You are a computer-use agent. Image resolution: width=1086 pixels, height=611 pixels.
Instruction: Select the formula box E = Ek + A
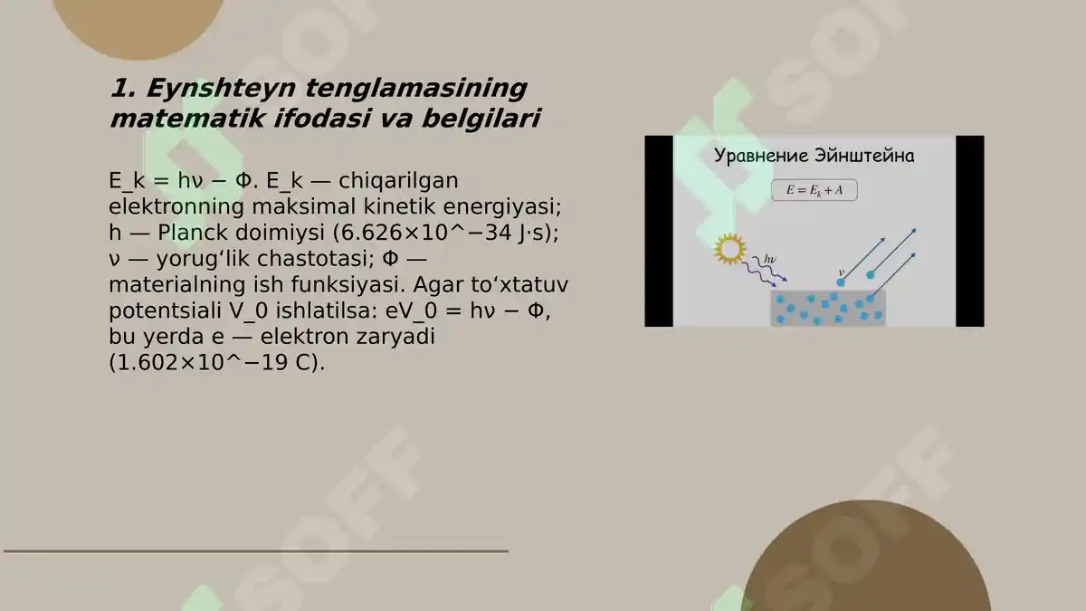(814, 191)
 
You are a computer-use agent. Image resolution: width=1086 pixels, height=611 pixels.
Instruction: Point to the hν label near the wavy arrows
(770, 260)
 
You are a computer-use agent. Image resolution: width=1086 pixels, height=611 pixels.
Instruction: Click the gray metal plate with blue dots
(827, 309)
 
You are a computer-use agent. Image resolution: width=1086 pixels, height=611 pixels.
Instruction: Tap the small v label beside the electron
(842, 271)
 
